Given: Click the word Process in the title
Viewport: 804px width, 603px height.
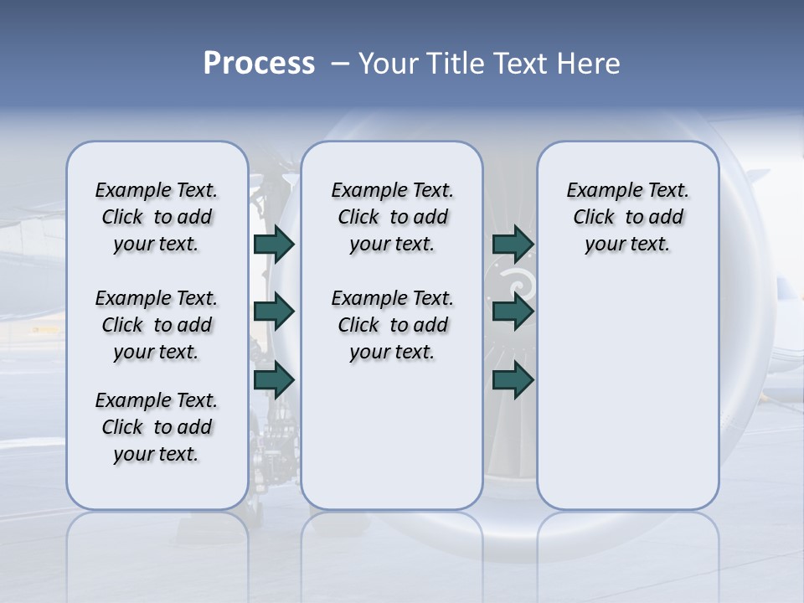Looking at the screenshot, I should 259,64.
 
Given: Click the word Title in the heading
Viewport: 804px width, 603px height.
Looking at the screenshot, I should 452,64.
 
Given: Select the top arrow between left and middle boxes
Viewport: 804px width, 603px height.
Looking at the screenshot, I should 274,244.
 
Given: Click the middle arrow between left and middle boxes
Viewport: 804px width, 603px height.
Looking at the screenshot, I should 274,312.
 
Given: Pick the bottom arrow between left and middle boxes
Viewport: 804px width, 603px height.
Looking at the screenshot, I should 274,379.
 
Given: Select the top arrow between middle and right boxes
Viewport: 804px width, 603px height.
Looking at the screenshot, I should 513,244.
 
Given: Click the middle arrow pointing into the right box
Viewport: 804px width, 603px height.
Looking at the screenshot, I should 513,312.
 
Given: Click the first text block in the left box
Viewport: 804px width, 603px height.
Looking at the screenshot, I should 157,217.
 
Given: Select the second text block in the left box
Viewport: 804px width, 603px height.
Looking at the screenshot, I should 157,325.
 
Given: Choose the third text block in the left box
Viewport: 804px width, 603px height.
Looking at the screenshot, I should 157,427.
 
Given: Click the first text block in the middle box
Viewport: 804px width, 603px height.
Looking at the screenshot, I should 392,217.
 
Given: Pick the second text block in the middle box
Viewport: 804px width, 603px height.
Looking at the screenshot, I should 392,325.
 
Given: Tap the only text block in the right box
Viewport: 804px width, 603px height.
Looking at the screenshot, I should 627,217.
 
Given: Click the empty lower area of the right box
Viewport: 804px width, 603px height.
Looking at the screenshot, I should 627,402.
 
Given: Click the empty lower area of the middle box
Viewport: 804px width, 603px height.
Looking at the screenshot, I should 392,435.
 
